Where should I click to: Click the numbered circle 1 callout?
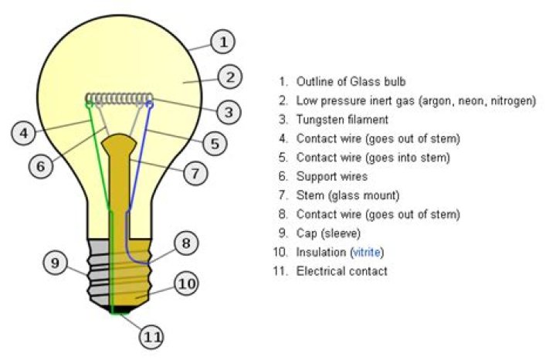[x=222, y=42]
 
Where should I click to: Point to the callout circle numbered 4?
[x=24, y=133]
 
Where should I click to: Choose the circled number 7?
[x=196, y=174]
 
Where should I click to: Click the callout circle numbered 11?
[x=152, y=337]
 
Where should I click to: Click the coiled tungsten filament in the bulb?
[x=119, y=98]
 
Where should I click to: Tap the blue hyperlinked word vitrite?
[x=367, y=253]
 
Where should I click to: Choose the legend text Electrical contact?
[x=341, y=271]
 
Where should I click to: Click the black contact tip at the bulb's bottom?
[x=117, y=309]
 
